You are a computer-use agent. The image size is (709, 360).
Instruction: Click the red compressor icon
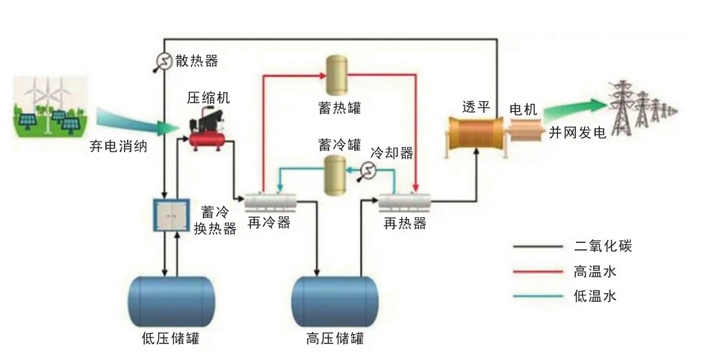pyautogui.click(x=208, y=132)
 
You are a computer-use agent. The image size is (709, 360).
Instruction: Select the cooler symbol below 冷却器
pyautogui.click(x=368, y=173)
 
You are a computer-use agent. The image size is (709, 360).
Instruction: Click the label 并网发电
pyautogui.click(x=577, y=132)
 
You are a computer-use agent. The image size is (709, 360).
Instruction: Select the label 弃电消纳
pyautogui.click(x=118, y=146)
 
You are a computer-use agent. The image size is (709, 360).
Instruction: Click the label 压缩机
pyautogui.click(x=208, y=98)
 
